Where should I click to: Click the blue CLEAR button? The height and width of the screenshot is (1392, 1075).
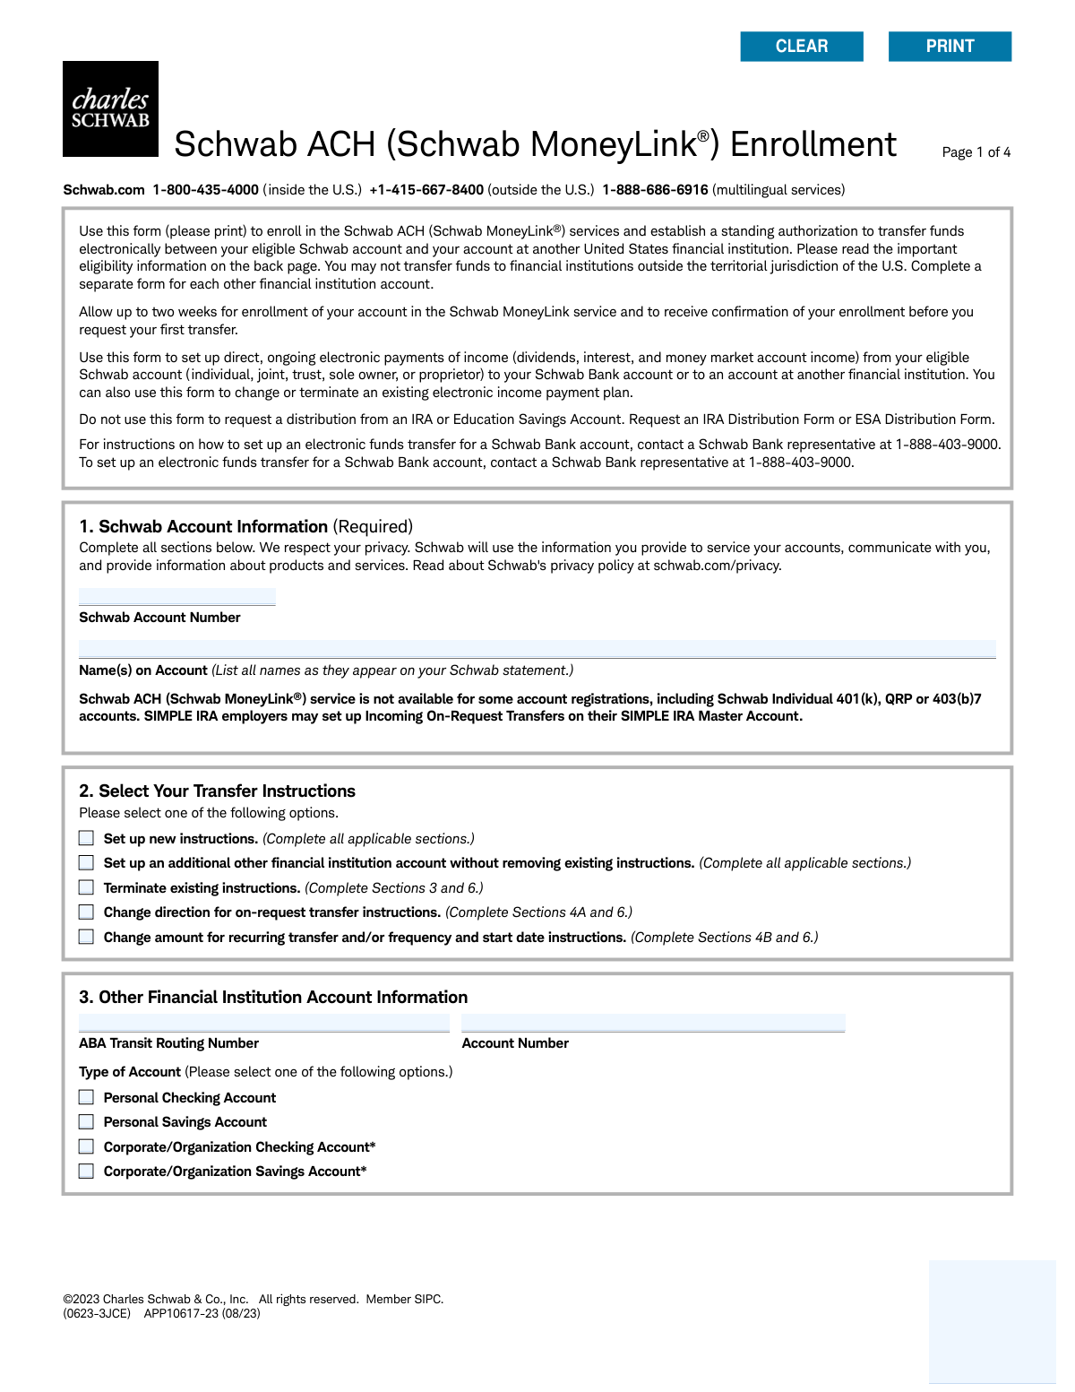pos(802,47)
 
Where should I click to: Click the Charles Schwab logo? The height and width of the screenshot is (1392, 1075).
pos(110,108)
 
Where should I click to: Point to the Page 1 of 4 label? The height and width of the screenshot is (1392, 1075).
pos(976,152)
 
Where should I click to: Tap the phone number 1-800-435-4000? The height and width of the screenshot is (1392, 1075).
pos(205,190)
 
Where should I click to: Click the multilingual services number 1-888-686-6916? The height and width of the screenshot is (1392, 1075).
pos(655,190)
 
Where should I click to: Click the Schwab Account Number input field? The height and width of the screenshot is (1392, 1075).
pos(176,597)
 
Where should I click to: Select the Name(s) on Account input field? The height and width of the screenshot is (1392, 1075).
pos(537,649)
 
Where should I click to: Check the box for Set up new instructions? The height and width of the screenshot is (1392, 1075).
pos(86,838)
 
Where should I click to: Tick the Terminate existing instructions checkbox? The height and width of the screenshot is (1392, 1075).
pos(86,887)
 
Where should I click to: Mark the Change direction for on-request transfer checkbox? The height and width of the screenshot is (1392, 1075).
pos(86,912)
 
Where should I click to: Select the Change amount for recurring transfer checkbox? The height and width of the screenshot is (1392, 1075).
pos(86,937)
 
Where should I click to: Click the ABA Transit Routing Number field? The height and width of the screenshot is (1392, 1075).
pos(263,1023)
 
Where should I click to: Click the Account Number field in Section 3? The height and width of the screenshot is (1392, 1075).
pos(653,1023)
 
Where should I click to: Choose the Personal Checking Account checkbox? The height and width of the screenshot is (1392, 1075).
pos(86,1097)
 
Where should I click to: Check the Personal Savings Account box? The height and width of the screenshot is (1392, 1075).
pos(86,1121)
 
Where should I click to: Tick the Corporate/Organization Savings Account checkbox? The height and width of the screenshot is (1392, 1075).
pos(86,1171)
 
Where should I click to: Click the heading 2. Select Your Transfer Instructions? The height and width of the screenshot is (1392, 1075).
pos(217,791)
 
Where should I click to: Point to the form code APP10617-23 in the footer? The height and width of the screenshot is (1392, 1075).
pos(181,1313)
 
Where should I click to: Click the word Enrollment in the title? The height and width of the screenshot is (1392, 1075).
pos(813,144)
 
